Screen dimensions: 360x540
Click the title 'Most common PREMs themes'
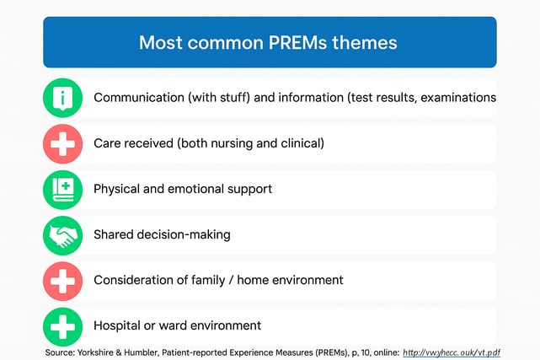tap(268, 42)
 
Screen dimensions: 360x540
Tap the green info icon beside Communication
tap(62, 98)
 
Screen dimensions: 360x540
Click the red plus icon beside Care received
tap(62, 143)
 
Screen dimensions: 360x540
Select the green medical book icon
tap(62, 189)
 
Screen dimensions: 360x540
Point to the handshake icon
tap(62, 235)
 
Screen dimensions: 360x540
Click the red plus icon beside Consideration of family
tap(62, 280)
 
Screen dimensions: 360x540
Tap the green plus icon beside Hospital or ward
tap(62, 325)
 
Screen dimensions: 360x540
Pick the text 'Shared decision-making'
tap(162, 234)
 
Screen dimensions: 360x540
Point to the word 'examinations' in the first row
tap(458, 98)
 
